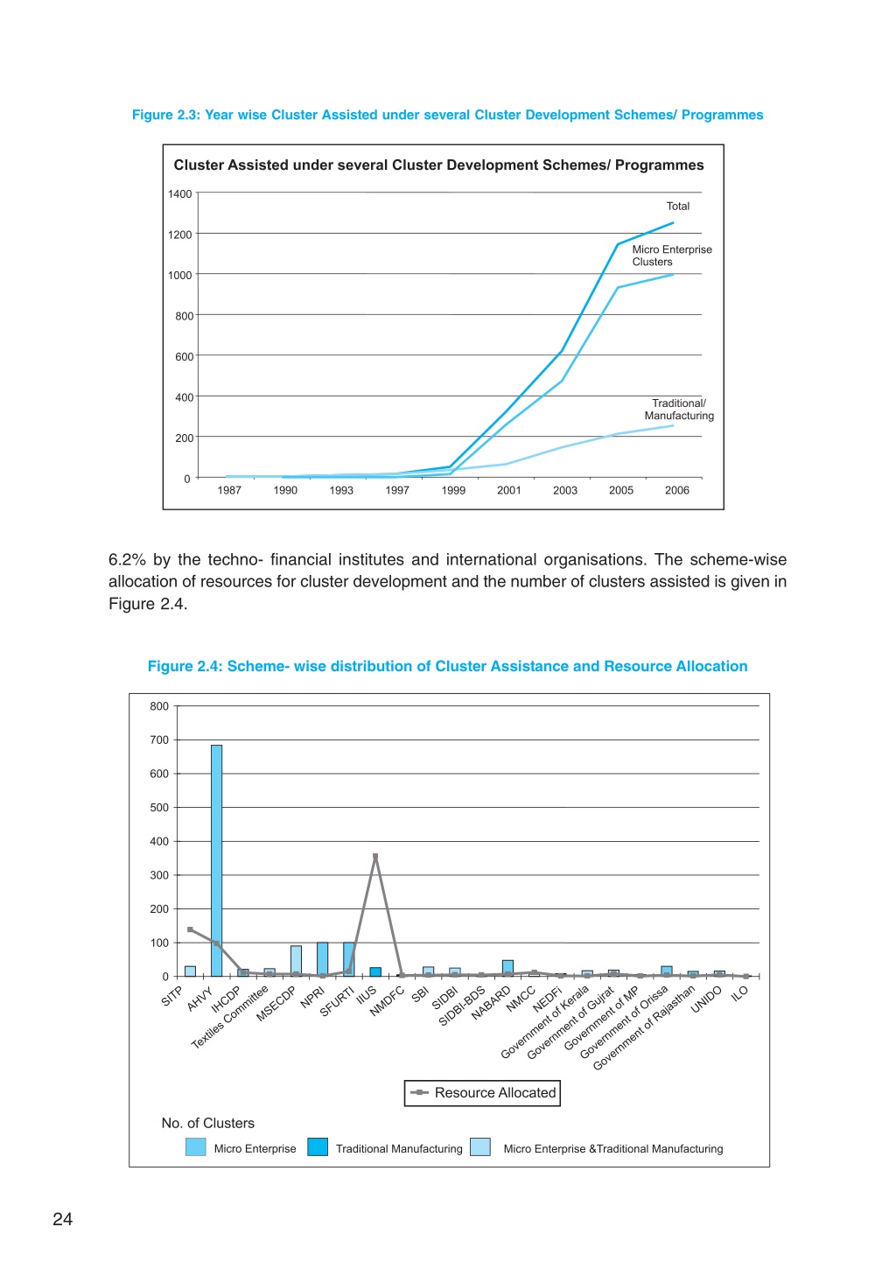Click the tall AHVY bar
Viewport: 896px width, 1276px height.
coord(216,860)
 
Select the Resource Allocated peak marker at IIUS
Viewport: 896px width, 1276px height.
coord(375,856)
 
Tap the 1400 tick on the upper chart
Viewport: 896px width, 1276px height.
coord(179,194)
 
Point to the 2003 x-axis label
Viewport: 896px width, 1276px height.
coord(564,490)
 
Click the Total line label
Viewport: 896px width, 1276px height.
coord(678,207)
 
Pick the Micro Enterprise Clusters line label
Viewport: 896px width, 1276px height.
coord(672,256)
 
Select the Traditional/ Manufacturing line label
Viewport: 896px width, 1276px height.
coord(679,410)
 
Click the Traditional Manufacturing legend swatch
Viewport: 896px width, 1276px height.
coord(318,1146)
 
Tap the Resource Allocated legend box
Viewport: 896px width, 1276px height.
coord(482,1092)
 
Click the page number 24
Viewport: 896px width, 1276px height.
coord(63,1218)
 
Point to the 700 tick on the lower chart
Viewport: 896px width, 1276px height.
coord(159,740)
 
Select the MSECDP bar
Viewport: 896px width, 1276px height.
coord(297,961)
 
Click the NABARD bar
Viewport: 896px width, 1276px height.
coord(507,969)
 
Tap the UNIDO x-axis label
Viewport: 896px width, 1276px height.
coord(706,1000)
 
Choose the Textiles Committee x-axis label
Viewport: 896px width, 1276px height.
coord(229,1017)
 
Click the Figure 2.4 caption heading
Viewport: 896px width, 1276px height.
coord(448,666)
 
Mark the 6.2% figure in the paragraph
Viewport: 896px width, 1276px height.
coord(127,560)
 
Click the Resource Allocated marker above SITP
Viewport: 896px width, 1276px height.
coord(190,929)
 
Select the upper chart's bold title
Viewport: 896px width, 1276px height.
coord(438,165)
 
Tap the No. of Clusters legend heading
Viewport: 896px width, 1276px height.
coord(208,1123)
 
